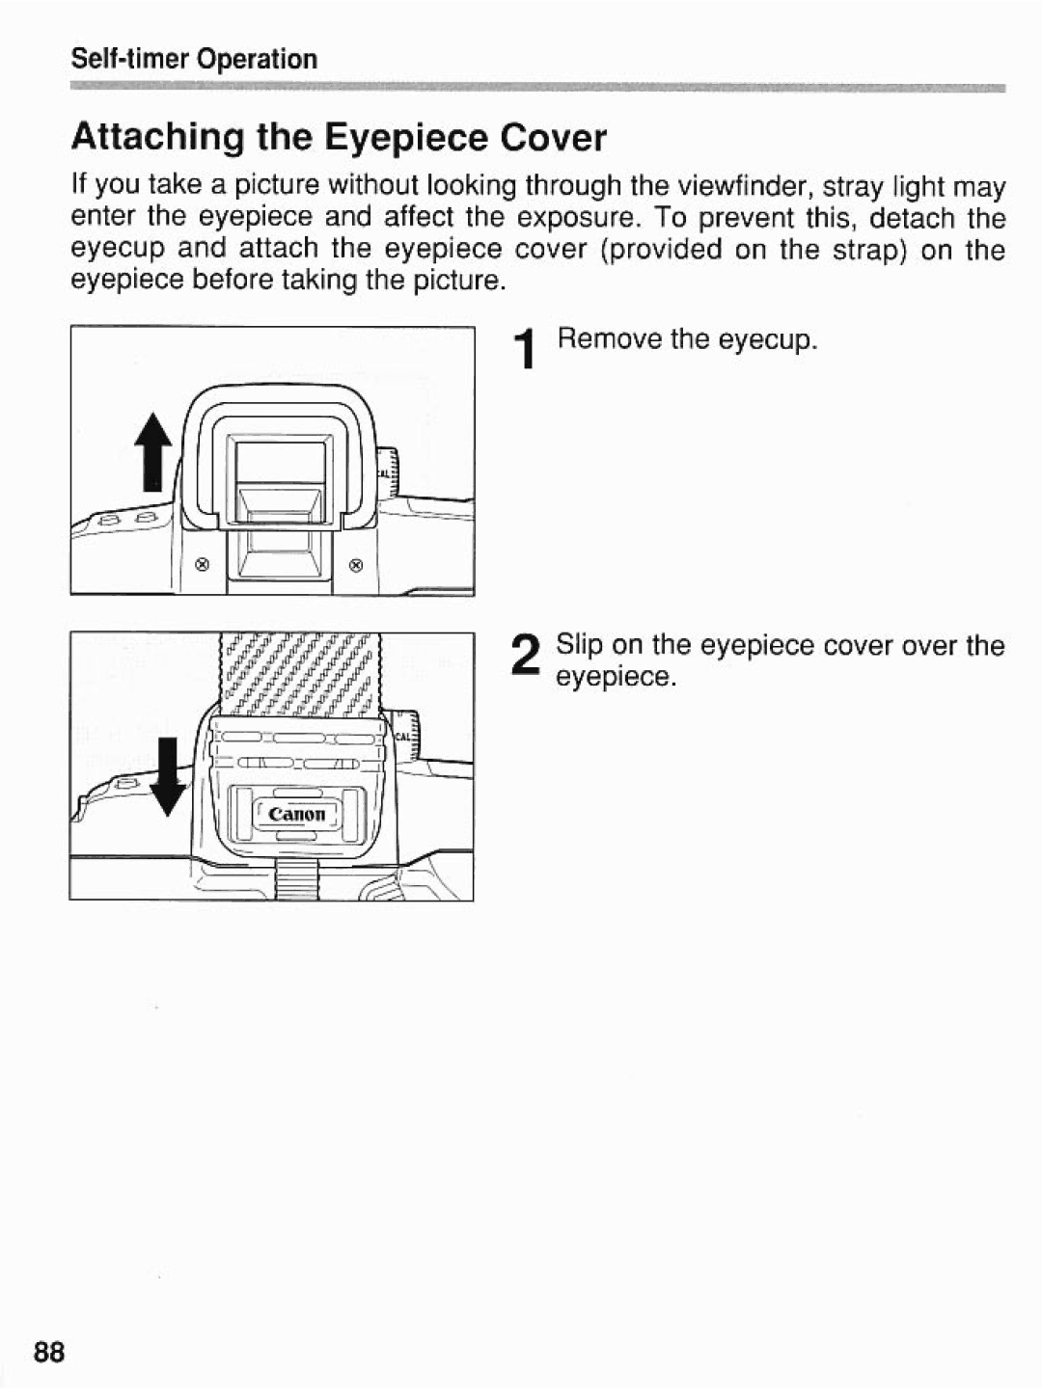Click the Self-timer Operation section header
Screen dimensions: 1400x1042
click(x=194, y=60)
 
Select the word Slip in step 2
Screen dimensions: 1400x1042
click(x=579, y=645)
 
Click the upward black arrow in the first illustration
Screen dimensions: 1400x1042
click(x=155, y=454)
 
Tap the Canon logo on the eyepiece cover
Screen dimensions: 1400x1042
click(x=297, y=814)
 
